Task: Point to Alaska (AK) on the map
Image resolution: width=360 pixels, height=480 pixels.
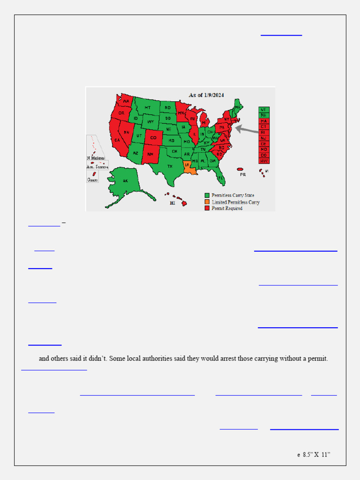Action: click(125, 181)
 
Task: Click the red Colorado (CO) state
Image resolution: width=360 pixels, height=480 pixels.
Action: click(153, 138)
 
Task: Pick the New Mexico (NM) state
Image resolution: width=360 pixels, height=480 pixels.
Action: click(150, 154)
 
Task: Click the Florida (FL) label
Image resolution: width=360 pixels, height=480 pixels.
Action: click(220, 178)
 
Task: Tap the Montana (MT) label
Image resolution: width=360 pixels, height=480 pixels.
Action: click(148, 108)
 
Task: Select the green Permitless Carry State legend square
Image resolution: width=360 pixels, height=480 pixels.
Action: click(207, 195)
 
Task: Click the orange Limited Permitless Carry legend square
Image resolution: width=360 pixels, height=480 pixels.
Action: click(207, 202)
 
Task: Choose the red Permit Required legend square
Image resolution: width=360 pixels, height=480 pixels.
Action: click(207, 209)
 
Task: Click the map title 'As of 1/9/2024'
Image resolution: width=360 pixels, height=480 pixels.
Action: click(206, 95)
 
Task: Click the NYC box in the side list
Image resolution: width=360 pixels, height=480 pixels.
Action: click(264, 161)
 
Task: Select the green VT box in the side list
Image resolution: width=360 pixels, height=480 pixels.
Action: click(264, 109)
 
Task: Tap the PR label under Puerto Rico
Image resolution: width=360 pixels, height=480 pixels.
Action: click(242, 175)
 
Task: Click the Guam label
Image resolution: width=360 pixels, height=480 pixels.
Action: click(92, 179)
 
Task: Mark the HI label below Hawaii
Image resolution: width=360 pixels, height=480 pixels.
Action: click(172, 203)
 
